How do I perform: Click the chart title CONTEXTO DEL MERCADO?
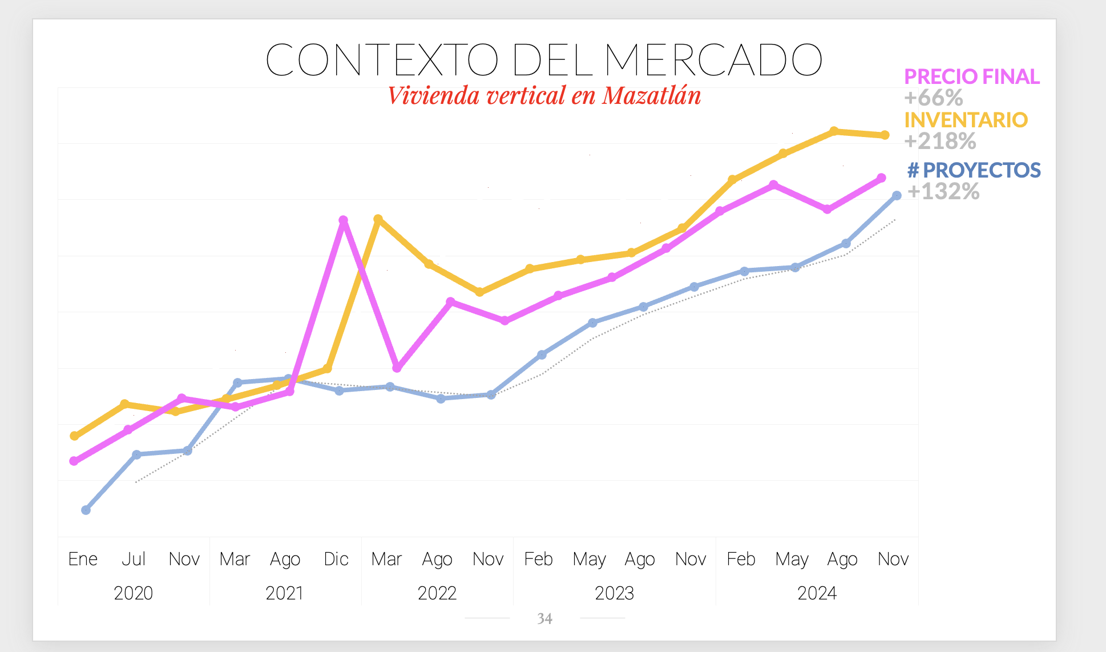click(x=543, y=59)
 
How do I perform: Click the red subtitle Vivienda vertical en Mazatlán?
click(x=544, y=95)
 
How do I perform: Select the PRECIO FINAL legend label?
click(x=971, y=77)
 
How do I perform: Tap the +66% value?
click(x=934, y=98)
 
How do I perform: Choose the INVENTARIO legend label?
click(x=966, y=120)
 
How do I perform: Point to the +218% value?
click(x=940, y=141)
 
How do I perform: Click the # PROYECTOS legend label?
click(x=974, y=170)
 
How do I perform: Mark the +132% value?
click(x=943, y=191)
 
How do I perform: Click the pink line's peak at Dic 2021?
click(x=343, y=220)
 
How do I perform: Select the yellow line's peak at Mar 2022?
click(x=378, y=219)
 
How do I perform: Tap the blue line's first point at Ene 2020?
click(x=86, y=510)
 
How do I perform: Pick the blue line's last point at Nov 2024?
click(x=897, y=196)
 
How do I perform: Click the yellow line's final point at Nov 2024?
click(x=885, y=135)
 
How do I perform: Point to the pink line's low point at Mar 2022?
click(x=397, y=368)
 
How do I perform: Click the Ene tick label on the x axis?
click(x=83, y=559)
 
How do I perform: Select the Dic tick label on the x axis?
click(x=336, y=559)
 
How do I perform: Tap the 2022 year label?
click(x=437, y=593)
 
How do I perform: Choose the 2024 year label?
click(x=817, y=593)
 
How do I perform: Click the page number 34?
click(x=544, y=619)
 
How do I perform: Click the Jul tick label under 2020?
click(x=134, y=559)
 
